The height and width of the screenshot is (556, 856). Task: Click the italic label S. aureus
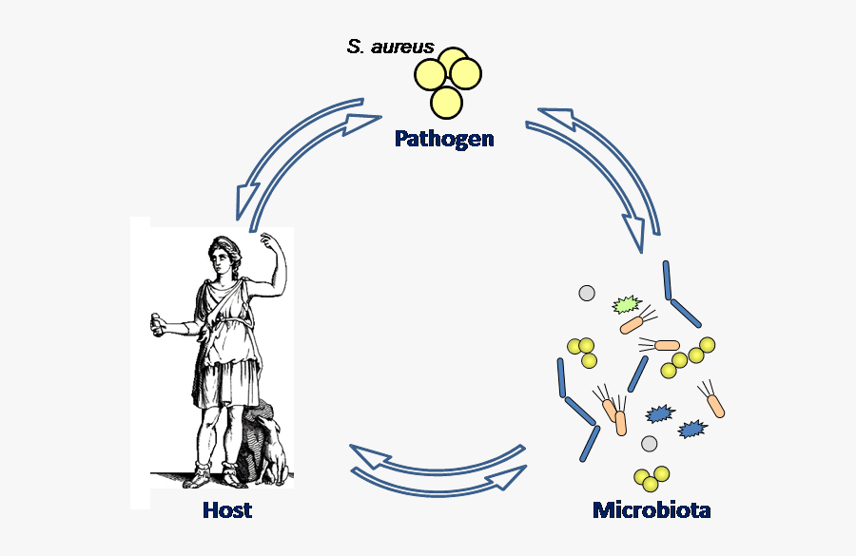390,47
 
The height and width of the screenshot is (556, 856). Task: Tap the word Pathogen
444,139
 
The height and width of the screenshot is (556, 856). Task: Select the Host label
227,510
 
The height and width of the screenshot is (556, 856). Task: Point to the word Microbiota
652,510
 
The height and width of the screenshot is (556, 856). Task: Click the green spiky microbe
626,305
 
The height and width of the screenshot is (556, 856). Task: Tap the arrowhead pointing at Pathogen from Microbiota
557,117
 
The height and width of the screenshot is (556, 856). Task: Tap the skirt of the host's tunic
226,380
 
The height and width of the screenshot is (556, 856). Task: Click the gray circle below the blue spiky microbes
649,443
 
